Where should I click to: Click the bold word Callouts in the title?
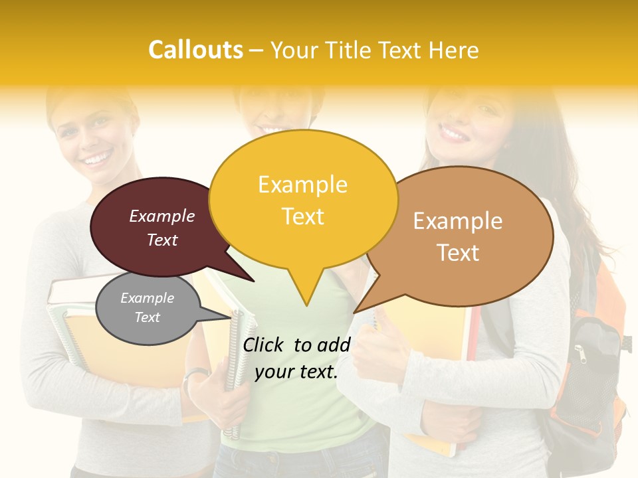pos(195,50)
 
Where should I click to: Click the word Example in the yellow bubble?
pos(303,185)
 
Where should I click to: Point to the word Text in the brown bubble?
pos(459,253)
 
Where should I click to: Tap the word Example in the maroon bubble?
pos(162,216)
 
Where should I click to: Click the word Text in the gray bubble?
pos(148,317)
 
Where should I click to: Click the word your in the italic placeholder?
pos(273,372)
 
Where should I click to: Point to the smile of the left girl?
pos(97,159)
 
